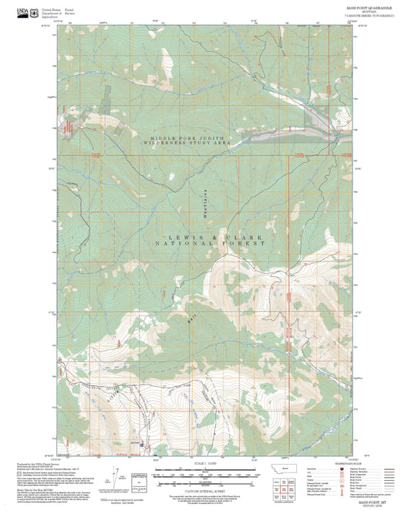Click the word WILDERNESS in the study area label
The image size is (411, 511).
(x=171, y=144)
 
